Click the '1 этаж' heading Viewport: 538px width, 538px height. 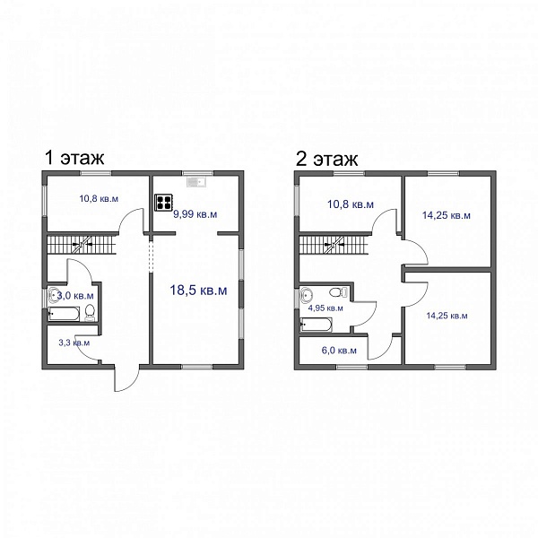(74, 158)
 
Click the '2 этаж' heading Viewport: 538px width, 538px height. (326, 159)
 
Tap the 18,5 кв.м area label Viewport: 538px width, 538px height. (198, 291)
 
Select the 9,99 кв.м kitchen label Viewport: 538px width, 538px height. (195, 214)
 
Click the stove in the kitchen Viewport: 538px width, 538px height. (163, 203)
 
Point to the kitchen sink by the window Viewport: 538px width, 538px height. (195, 182)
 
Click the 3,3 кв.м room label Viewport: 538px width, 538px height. (74, 343)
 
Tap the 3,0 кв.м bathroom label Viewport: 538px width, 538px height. (75, 295)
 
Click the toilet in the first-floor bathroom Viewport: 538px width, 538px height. (90, 313)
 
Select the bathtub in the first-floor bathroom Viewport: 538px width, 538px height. (64, 314)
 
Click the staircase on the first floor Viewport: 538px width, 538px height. (82, 244)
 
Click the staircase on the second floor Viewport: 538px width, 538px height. (334, 244)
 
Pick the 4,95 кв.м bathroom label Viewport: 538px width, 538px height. (325, 308)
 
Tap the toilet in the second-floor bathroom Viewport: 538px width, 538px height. (338, 292)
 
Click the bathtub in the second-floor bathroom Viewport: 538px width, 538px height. (316, 325)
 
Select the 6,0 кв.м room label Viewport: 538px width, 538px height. (339, 351)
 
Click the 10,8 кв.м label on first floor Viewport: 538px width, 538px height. (99, 199)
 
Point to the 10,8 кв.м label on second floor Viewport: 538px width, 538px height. (351, 204)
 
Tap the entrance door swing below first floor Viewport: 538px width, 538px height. (127, 378)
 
